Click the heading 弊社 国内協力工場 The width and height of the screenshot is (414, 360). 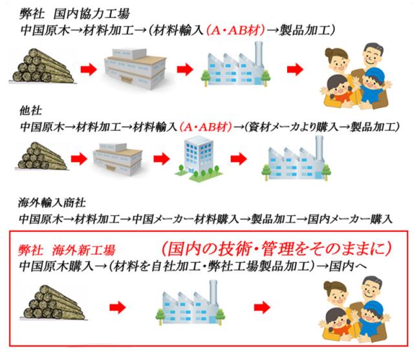pyautogui.click(x=74, y=14)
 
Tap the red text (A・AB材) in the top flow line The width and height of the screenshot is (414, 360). pyautogui.click(x=235, y=30)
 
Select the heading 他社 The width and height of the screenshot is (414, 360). pyautogui.click(x=30, y=110)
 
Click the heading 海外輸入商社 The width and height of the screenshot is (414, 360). pyautogui.click(x=52, y=203)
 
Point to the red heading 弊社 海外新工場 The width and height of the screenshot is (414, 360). pyautogui.click(x=67, y=250)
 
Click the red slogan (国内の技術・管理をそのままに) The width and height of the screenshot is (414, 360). pyautogui.click(x=276, y=249)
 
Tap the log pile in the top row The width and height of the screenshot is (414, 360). pyautogui.click(x=42, y=66)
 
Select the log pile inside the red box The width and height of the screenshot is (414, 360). pyautogui.click(x=54, y=302)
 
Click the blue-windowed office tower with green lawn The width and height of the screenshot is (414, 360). pyautogui.click(x=197, y=158)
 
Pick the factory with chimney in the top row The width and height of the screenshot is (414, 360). pyautogui.click(x=235, y=65)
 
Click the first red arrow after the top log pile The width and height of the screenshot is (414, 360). pyautogui.click(x=89, y=69)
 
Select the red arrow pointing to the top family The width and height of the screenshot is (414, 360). pyautogui.click(x=295, y=69)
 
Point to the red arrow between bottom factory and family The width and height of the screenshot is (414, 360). pyautogui.click(x=262, y=308)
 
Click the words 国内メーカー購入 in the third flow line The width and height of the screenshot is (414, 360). pyautogui.click(x=350, y=219)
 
